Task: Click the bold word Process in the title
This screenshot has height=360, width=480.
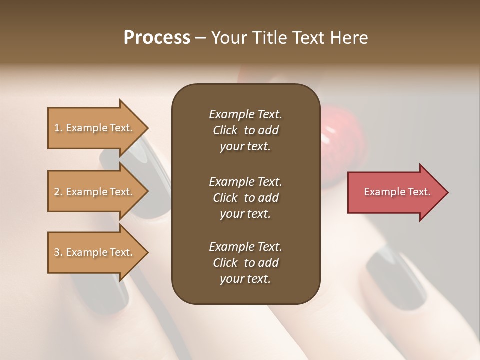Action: (157, 38)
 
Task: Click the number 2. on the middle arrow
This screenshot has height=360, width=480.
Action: (58, 192)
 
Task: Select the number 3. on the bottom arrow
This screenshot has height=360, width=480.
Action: (58, 252)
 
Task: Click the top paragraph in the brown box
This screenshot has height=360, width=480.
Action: (245, 130)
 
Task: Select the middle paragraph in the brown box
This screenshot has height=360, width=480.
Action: (245, 198)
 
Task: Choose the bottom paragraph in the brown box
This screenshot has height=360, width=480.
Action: (245, 263)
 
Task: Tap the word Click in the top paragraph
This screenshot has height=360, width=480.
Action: (225, 130)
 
